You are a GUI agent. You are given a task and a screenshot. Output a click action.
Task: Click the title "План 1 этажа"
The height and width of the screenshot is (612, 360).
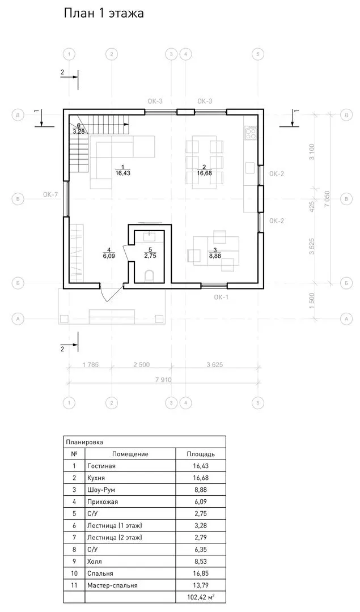pos(104,13)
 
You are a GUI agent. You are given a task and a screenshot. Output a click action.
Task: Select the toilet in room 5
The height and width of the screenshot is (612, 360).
pos(150,275)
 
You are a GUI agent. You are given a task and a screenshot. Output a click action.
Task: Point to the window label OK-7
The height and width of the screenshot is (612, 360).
pos(51,194)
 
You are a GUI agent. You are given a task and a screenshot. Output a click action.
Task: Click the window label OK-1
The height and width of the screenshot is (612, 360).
pos(221,297)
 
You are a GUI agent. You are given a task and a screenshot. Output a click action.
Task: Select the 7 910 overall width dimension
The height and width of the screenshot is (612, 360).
pos(163,379)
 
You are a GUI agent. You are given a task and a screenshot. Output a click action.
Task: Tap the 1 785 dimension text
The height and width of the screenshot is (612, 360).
pos(91,365)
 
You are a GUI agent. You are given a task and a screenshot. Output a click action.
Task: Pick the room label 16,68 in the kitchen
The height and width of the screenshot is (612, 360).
pos(204,173)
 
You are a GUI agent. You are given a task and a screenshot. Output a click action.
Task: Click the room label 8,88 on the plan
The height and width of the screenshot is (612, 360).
pos(215,256)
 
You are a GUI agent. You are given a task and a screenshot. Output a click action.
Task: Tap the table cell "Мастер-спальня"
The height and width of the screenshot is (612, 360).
pos(112,585)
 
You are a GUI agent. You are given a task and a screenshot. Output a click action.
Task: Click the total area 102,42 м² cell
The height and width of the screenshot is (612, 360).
pos(201,597)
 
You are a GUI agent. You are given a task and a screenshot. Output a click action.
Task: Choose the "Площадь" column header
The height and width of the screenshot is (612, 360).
pos(201,454)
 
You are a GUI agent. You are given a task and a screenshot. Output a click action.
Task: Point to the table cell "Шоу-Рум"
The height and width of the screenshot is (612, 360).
pos(101,490)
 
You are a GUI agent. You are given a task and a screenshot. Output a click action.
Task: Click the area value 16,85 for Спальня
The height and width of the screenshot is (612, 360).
pos(200,573)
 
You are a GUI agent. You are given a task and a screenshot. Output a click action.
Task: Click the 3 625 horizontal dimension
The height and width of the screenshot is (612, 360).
pos(215,365)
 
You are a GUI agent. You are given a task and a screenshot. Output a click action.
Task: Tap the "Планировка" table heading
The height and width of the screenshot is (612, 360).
pos(84,442)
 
